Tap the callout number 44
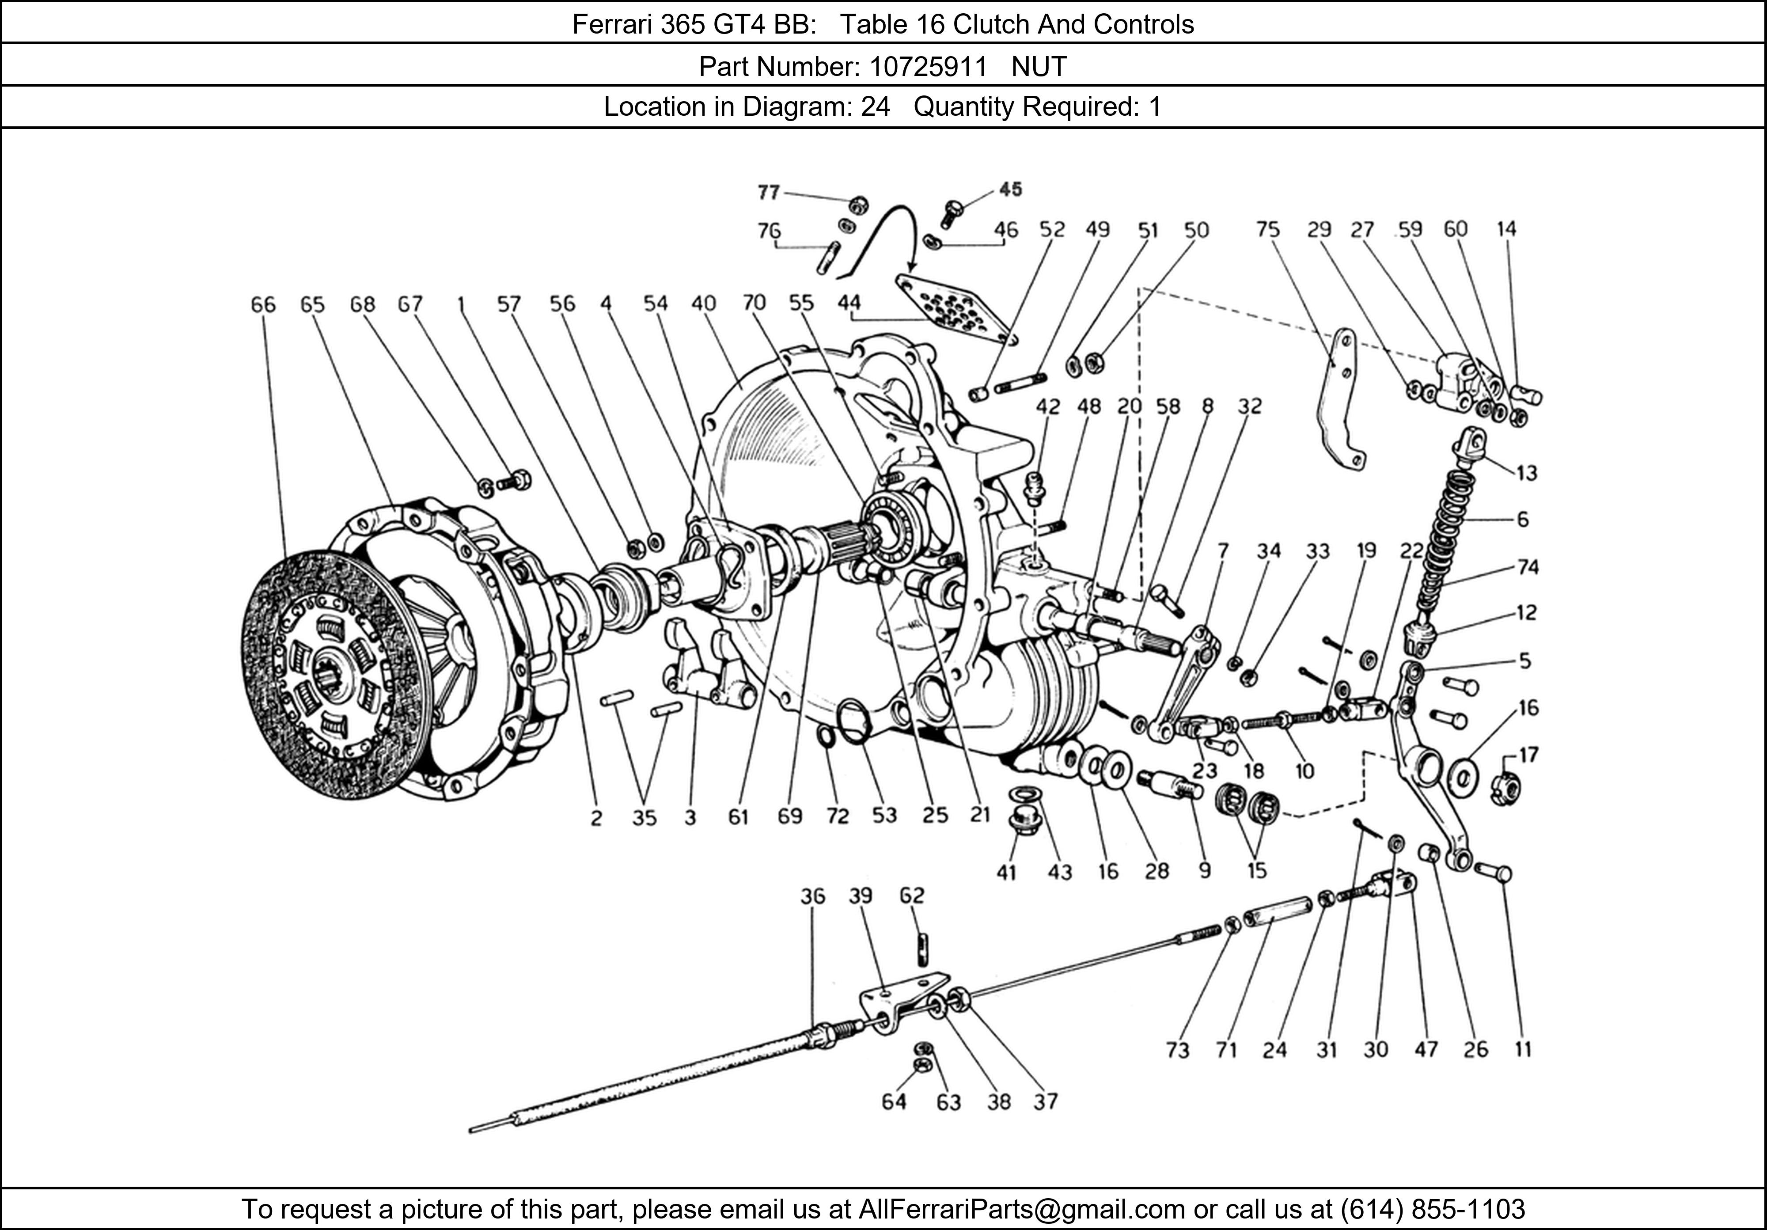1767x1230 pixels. (849, 303)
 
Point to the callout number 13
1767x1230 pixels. (1526, 473)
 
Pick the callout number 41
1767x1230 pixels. (1006, 872)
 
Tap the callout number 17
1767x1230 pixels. (1528, 755)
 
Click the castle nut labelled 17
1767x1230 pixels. (1503, 789)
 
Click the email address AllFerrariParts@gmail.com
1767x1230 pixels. (1021, 1209)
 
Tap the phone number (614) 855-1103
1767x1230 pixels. (1432, 1209)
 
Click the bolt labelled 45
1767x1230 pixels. (952, 210)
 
